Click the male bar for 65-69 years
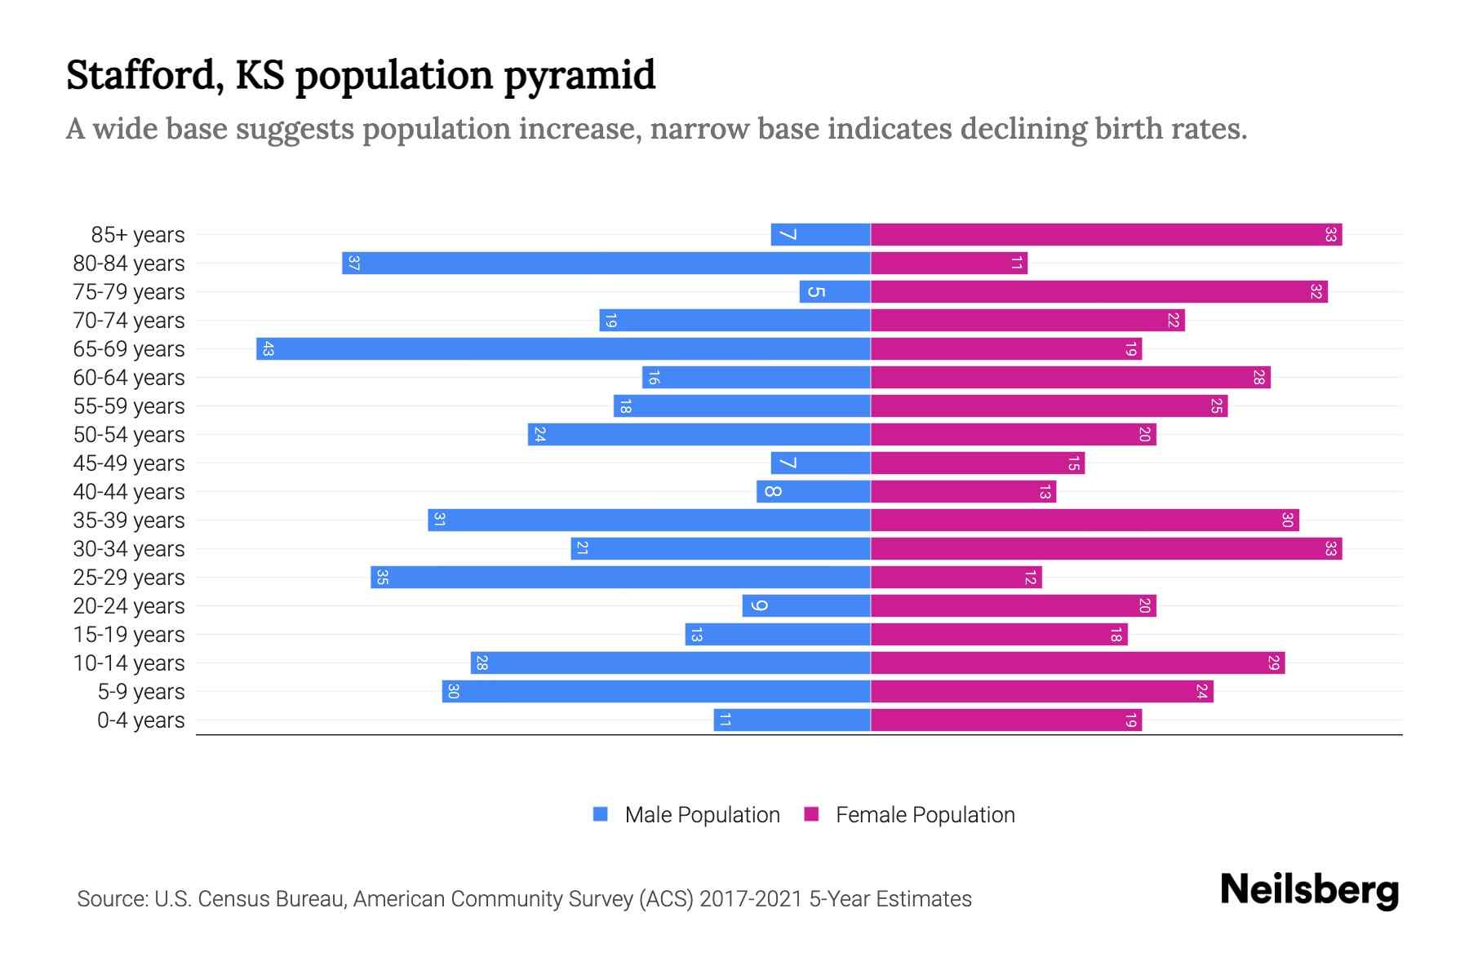tap(563, 349)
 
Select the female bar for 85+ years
tap(1106, 235)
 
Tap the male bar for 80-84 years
tap(606, 264)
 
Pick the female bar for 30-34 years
tap(1106, 549)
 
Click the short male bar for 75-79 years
tap(835, 292)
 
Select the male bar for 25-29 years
tap(620, 578)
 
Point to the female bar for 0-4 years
tap(1005, 720)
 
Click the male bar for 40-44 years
tap(814, 492)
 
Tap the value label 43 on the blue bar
tap(268, 349)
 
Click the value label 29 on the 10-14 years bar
tap(1273, 663)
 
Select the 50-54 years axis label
tap(129, 435)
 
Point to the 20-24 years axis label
tap(129, 606)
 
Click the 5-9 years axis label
tap(140, 692)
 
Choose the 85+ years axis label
tap(137, 235)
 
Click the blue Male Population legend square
tap(601, 814)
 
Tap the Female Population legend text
tap(925, 815)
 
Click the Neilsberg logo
tap(1309, 890)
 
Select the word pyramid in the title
tap(579, 75)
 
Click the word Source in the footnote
tap(111, 899)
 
